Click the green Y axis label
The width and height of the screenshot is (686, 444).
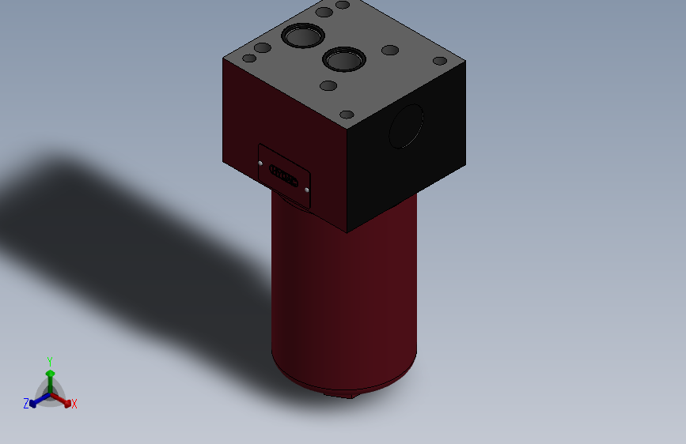(50, 360)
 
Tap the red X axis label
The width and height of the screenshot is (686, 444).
(74, 404)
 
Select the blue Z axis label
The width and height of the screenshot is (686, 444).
(26, 403)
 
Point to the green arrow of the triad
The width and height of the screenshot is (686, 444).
(50, 374)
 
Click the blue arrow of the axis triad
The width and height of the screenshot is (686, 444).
(36, 400)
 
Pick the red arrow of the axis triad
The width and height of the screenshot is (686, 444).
(64, 400)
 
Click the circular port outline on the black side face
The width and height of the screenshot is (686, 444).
(407, 125)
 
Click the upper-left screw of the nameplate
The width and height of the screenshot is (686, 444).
(262, 163)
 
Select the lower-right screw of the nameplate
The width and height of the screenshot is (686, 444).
(306, 190)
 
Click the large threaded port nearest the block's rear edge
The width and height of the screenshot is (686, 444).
(301, 36)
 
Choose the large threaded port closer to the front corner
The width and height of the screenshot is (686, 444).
(343, 59)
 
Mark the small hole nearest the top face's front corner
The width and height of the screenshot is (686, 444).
(347, 115)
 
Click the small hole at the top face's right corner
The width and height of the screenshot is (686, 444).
(440, 61)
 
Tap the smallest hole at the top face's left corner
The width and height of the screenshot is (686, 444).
(249, 58)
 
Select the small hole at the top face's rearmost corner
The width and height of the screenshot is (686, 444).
(343, 5)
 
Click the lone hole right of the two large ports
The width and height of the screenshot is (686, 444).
(390, 51)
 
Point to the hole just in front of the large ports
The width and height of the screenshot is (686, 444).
(328, 85)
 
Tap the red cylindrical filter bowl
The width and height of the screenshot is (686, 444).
(344, 300)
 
